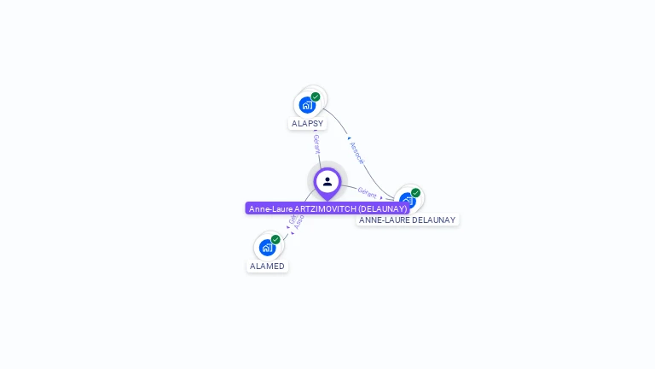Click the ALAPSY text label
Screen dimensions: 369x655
point(308,124)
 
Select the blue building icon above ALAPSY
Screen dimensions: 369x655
point(306,105)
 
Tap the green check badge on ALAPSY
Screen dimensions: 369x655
point(316,97)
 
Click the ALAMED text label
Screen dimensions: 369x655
point(267,266)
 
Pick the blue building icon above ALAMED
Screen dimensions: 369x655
point(267,248)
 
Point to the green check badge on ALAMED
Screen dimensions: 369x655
point(275,239)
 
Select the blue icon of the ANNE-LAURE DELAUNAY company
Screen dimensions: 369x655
point(406,202)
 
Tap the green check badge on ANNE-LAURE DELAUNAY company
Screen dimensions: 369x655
point(415,193)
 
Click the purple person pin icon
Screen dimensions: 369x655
point(327,182)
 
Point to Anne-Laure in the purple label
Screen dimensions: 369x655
point(270,208)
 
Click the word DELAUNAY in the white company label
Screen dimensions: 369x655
point(429,220)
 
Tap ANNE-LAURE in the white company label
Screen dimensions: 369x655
point(380,220)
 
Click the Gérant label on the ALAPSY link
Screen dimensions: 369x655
point(316,143)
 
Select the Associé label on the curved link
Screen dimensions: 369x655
point(357,153)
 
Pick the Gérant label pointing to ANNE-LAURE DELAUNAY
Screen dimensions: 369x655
point(367,192)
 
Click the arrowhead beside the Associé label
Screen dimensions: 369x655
point(349,138)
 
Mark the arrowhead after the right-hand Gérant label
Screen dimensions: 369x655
point(381,197)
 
